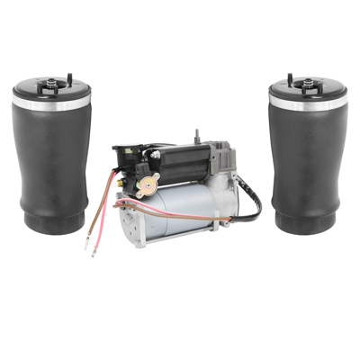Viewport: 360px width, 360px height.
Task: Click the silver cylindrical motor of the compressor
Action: [x=193, y=211]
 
